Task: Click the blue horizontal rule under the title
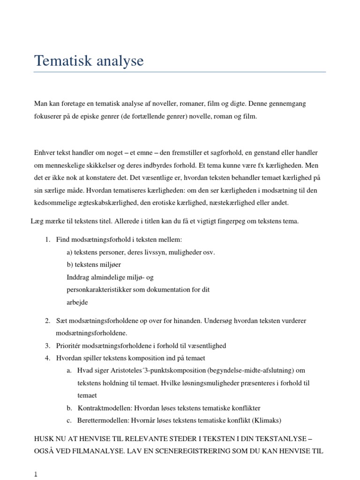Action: point(180,72)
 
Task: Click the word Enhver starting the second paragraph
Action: point(44,153)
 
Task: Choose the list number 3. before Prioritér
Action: point(48,346)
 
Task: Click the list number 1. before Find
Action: point(48,240)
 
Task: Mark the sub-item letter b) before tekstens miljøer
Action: point(70,265)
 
